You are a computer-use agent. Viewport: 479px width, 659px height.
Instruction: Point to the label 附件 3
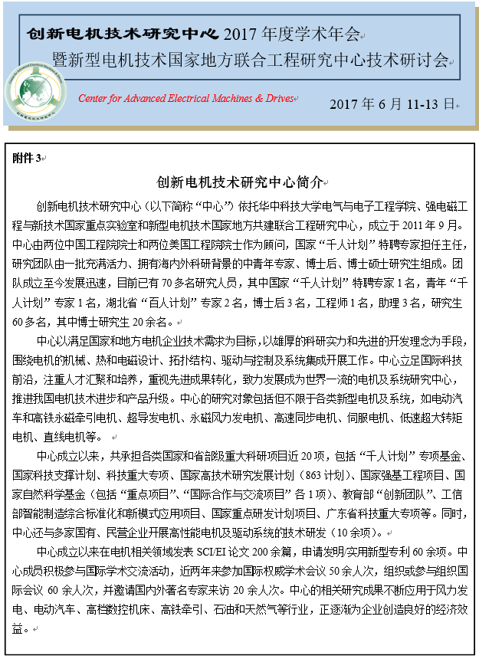click(x=28, y=158)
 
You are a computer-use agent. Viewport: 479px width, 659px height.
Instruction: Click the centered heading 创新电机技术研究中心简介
click(x=239, y=184)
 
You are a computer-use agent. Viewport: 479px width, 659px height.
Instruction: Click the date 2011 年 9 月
click(x=434, y=226)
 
